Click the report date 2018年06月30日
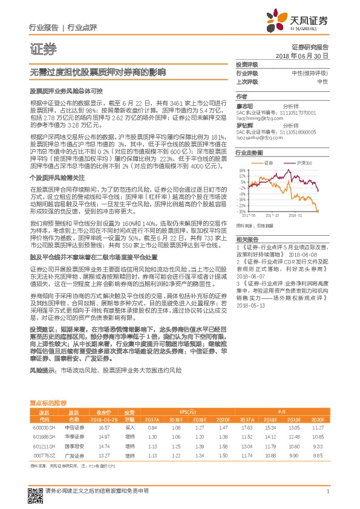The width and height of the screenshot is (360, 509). click(301, 55)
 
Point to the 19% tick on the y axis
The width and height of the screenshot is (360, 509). click(242, 171)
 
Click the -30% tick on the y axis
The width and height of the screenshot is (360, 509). click(241, 212)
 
